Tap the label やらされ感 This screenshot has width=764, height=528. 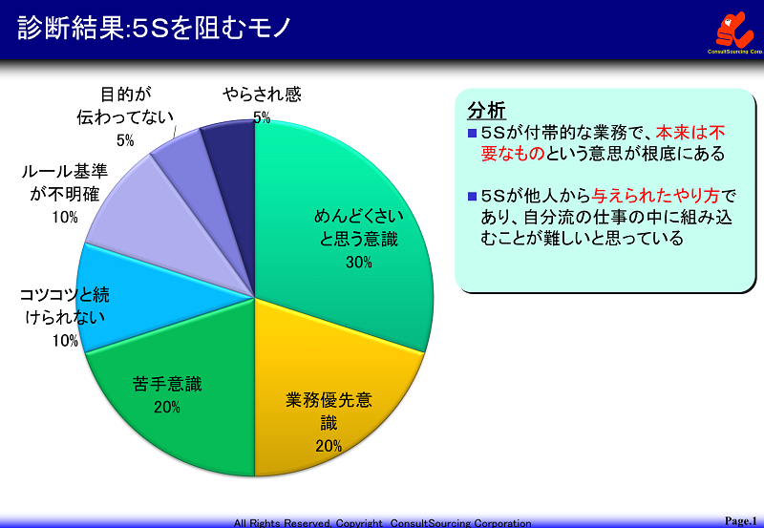262,94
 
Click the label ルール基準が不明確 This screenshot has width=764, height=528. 64,182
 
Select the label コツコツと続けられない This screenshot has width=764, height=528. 64,306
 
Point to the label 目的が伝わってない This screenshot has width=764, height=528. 125,105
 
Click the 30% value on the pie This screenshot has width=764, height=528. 359,262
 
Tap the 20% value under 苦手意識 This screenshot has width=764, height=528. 167,407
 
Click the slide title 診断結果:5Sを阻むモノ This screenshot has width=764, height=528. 154,28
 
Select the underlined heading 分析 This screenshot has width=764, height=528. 486,111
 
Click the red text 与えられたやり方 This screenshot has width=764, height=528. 655,196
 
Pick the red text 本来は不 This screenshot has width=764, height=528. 690,133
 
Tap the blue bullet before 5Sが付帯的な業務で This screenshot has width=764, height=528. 472,133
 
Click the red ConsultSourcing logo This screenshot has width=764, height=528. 734,31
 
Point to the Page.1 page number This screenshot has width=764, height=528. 741,520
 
